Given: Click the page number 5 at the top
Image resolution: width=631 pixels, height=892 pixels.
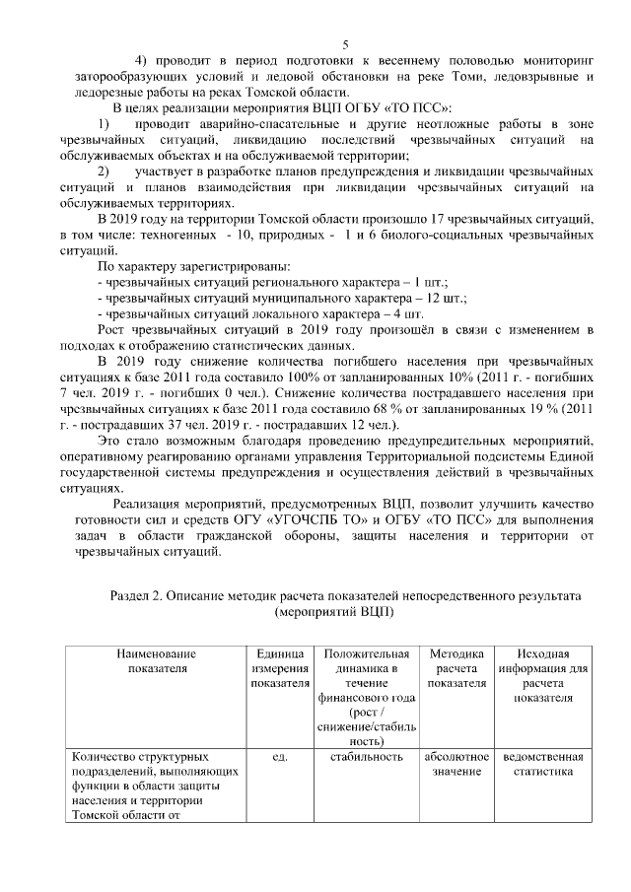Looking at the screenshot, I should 346,43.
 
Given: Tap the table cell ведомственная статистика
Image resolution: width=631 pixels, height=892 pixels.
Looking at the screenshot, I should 542,764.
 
